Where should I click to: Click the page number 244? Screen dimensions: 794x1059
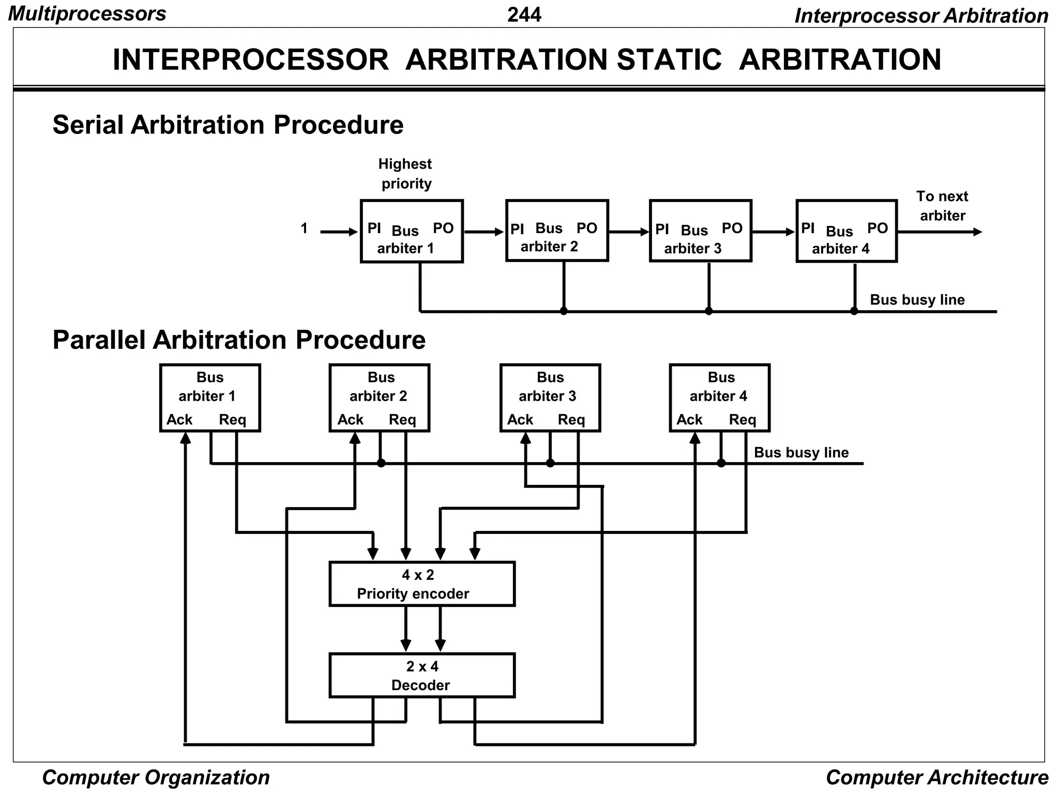click(x=524, y=14)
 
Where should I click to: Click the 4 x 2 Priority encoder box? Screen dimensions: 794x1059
click(x=422, y=584)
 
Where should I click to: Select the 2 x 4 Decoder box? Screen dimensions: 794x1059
click(x=422, y=676)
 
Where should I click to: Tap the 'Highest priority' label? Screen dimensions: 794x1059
click(x=405, y=174)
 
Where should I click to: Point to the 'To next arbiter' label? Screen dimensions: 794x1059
click(x=942, y=206)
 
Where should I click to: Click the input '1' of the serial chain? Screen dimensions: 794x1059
click(x=304, y=228)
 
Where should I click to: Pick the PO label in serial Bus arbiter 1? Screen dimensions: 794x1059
click(x=443, y=228)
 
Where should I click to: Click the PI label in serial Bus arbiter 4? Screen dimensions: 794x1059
click(x=808, y=228)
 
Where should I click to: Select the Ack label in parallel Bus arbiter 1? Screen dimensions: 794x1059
click(x=179, y=420)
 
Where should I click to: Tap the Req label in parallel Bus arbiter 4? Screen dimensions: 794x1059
click(x=743, y=420)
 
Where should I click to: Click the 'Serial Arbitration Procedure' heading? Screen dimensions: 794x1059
click(x=228, y=125)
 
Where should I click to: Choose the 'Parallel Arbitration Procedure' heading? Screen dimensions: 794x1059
click(x=239, y=340)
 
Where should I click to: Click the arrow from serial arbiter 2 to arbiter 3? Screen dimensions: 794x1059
click(x=629, y=232)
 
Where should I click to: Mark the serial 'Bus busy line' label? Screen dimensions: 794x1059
click(x=917, y=300)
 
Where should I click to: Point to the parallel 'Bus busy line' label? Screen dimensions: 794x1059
click(x=801, y=453)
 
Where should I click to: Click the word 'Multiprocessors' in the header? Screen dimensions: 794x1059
click(x=87, y=14)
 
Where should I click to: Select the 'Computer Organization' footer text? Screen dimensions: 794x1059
click(x=156, y=777)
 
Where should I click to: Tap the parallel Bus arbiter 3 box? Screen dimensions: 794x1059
click(x=550, y=398)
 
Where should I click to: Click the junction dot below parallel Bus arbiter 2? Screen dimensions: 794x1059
click(x=381, y=463)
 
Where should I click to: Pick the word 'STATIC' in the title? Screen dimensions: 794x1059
click(x=669, y=60)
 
